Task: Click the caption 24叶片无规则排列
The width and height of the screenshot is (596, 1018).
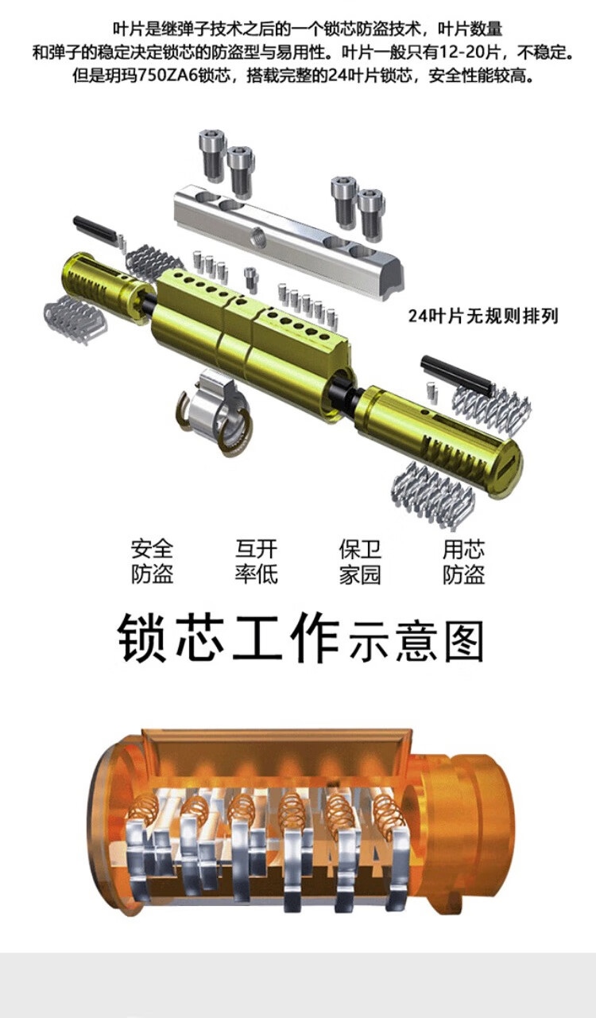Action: point(483,316)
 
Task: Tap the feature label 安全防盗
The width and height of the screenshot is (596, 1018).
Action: point(153,561)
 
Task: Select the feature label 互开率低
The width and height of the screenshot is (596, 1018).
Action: point(256,561)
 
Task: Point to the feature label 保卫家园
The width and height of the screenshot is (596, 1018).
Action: point(360,561)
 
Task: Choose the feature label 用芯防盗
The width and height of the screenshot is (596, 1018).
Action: point(464,561)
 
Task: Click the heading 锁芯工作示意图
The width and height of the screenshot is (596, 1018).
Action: point(300,638)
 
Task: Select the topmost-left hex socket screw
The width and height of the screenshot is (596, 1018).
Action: point(213,155)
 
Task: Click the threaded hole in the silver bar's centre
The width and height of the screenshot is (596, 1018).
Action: point(259,237)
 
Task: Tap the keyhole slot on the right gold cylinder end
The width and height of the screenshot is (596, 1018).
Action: point(509,469)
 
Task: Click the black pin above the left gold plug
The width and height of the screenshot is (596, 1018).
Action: point(94,229)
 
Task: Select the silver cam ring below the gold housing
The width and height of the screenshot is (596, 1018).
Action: point(214,410)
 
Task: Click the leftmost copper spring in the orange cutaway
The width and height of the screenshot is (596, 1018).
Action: point(145,814)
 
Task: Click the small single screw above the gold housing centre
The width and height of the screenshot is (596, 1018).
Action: point(251,278)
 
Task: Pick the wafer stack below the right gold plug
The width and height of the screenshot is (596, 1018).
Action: point(432,494)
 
